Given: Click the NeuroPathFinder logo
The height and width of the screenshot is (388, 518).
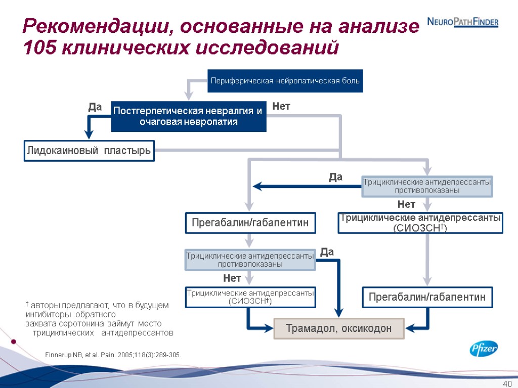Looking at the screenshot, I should tap(463, 22).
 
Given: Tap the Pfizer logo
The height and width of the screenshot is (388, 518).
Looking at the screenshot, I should tap(484, 349).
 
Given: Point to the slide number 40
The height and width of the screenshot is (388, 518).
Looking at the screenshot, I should tap(507, 382).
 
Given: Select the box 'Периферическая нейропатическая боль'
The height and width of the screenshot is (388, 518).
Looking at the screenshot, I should tap(285, 81).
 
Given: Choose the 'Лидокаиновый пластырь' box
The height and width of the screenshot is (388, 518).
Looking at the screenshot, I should tap(90, 151).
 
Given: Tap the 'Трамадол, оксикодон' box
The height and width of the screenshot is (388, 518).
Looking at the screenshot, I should tap(339, 328).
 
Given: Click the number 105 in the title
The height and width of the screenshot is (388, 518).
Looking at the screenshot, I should tap(40, 48).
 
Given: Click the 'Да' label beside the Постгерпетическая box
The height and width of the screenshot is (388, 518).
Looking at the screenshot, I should tap(95, 108).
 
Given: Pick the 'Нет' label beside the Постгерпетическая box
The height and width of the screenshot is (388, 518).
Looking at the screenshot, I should tap(281, 107).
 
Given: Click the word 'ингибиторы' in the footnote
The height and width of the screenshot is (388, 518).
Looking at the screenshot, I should tap(46, 315).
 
